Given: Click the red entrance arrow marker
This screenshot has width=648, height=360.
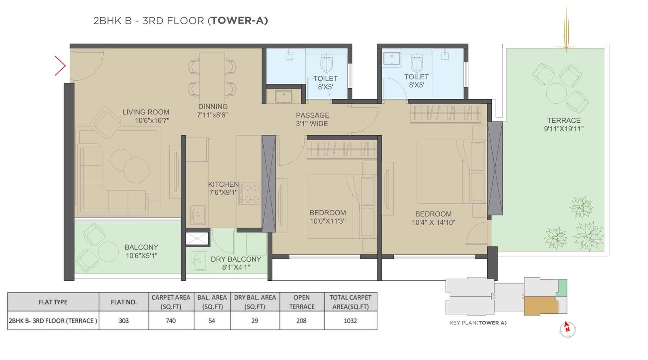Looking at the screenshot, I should tap(60, 66).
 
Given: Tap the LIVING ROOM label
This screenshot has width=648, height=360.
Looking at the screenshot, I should tap(146, 112).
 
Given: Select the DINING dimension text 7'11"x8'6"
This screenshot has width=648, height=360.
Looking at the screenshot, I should tap(212, 115).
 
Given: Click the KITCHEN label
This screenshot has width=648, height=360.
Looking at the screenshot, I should tap(223, 184).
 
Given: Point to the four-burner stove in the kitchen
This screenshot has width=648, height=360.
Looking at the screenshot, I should tap(250, 194).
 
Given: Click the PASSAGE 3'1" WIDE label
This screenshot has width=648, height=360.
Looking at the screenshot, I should tap(312, 119).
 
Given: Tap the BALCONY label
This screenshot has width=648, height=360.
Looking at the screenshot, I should tap(141, 247).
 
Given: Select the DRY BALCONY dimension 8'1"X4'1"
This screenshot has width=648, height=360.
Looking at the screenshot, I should tap(236, 267).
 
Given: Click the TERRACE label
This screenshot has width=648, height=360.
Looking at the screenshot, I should tap(564, 121).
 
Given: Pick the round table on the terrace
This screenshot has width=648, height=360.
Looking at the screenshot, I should tap(556, 94).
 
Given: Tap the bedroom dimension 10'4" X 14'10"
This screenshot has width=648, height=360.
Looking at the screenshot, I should tap(433, 222).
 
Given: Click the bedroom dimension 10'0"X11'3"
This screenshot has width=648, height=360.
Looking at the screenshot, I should tap(327, 221).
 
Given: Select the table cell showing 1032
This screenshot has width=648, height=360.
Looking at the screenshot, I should tap(350, 321).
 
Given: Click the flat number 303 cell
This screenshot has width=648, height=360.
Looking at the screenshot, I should tap(124, 321).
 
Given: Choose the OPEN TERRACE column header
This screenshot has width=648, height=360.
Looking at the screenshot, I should tap(302, 302).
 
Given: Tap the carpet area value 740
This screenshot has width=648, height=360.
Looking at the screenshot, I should tap(171, 321).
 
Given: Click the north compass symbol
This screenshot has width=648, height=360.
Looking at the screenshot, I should tap(567, 329).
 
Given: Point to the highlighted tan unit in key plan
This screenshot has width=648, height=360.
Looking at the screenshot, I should tap(541, 305).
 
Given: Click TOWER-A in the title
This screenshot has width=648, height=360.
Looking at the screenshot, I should tap(238, 21).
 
